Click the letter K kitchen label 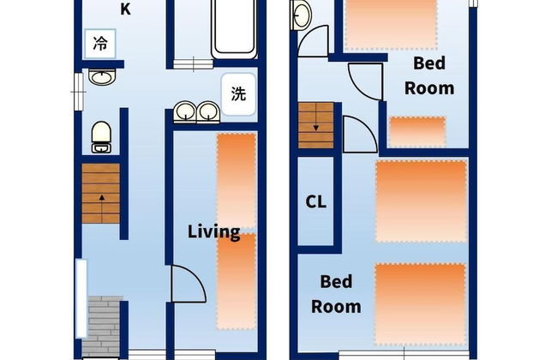point(125,10)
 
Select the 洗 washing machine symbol point(237,94)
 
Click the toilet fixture point(101,136)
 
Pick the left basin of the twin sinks point(185,111)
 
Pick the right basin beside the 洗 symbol point(207,111)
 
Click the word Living point(213,231)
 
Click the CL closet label point(315,203)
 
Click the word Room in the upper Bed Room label point(429,87)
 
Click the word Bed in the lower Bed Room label point(337,281)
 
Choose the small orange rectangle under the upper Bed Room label point(417,131)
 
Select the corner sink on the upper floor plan point(302,15)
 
